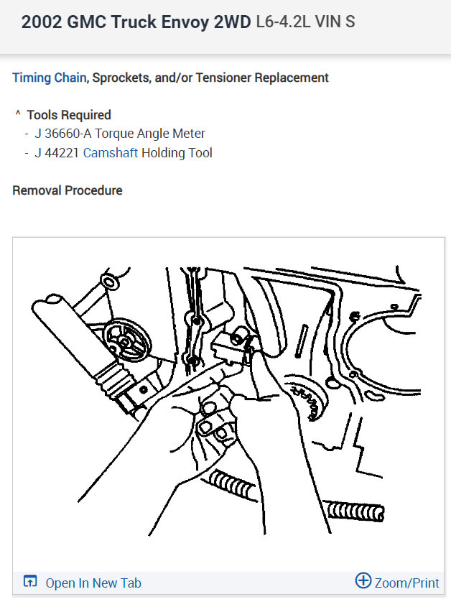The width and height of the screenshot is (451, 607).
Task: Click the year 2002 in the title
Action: point(40,22)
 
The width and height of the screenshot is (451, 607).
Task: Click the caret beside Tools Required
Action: point(18,114)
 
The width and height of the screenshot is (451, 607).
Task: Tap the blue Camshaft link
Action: point(111,152)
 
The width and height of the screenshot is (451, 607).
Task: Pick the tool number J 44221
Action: point(57,152)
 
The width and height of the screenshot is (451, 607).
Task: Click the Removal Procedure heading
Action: point(68,190)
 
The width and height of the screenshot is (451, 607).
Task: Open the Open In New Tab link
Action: point(93,583)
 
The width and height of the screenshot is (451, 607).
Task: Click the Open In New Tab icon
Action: point(30,582)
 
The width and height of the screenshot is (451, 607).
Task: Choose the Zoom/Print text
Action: point(406,583)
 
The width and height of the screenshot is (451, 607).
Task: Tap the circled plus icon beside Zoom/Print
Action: point(363,581)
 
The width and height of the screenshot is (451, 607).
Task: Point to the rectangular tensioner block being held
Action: point(231,348)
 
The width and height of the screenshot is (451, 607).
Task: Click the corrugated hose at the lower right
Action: point(359,510)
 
